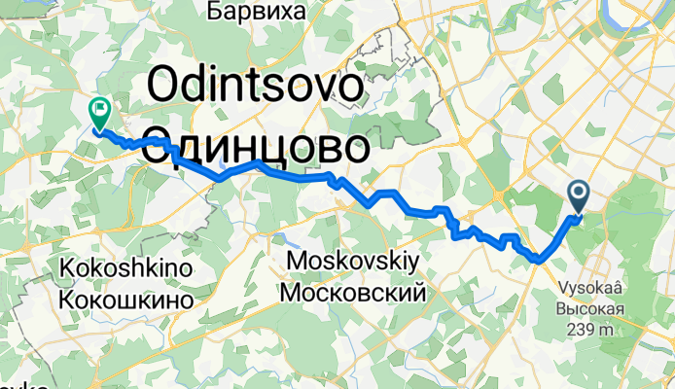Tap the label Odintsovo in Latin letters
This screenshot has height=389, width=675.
(x=257, y=92)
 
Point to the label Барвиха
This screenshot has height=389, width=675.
(x=257, y=12)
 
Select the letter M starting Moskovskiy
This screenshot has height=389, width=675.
(x=298, y=261)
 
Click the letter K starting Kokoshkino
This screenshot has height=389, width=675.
(x=66, y=266)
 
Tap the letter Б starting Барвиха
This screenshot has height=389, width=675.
(x=214, y=12)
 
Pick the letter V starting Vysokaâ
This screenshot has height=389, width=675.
(x=562, y=287)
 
